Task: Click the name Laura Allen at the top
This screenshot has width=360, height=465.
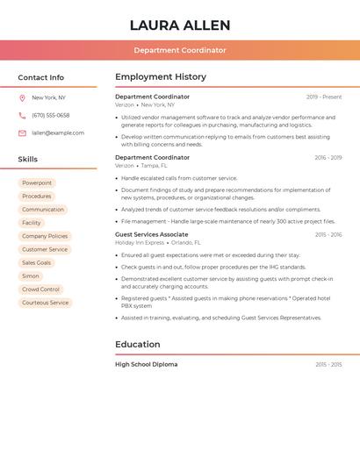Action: click(180, 25)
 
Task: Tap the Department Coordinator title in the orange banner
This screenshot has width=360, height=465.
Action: click(180, 50)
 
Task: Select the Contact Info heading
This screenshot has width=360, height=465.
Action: click(41, 77)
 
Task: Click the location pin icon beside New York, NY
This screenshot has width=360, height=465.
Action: click(22, 98)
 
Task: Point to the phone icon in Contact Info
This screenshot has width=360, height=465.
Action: click(22, 116)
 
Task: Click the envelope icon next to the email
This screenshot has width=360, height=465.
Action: click(22, 133)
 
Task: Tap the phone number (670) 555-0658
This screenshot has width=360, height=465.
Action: click(51, 116)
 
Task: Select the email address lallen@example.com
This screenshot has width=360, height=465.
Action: click(58, 133)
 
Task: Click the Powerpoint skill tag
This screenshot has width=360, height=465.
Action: click(37, 183)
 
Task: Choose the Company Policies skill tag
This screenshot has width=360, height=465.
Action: click(45, 236)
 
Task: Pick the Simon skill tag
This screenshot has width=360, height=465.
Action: click(31, 276)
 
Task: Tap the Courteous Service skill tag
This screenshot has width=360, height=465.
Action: click(45, 303)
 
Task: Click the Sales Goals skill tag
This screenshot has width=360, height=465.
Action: click(37, 263)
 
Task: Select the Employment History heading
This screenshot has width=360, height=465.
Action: click(161, 77)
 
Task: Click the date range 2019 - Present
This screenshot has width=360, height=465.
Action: click(324, 97)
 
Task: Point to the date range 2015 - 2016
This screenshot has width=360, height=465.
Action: click(328, 235)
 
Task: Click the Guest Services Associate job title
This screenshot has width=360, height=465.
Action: click(151, 235)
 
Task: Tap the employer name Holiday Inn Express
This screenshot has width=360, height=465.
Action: click(140, 243)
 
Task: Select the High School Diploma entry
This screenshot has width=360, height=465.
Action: click(146, 364)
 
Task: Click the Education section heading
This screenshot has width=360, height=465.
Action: click(138, 345)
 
